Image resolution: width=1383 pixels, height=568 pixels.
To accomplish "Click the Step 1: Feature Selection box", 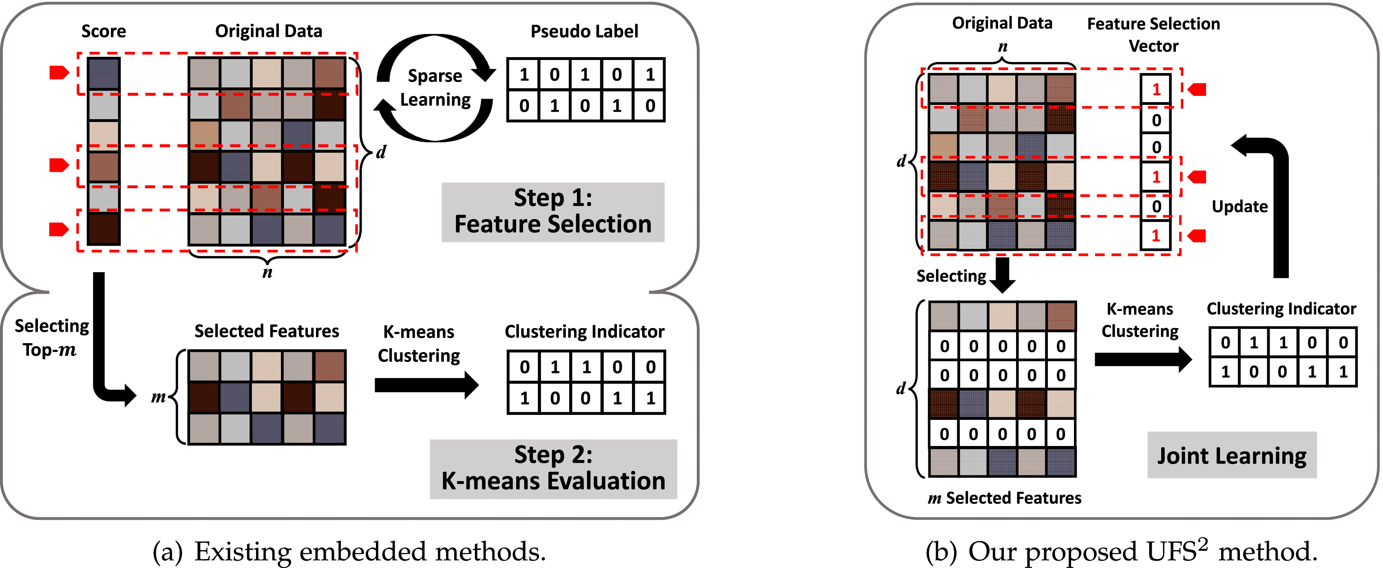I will tap(552, 212).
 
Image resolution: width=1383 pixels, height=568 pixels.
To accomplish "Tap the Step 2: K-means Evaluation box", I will tap(553, 468).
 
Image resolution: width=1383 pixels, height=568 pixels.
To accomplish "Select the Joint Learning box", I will tap(1232, 455).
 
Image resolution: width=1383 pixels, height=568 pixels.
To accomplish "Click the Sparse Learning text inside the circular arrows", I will tap(435, 88).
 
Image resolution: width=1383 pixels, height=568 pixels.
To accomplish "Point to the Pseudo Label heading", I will tap(584, 31).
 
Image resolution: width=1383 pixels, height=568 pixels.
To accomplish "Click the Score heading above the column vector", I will tap(104, 31).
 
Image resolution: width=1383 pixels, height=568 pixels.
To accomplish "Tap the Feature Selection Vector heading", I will tap(1153, 34).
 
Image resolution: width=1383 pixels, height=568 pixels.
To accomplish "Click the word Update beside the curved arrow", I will tap(1239, 206).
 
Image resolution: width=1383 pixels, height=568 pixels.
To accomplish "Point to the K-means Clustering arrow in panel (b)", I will tap(1142, 359).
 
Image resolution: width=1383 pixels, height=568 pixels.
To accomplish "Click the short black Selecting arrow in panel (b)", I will tap(1002, 274).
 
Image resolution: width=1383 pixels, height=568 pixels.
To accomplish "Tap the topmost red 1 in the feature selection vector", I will tap(1156, 89).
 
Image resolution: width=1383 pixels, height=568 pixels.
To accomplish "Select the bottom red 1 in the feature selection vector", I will tap(1156, 235).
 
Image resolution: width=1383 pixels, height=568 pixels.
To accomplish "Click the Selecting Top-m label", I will tap(51, 337).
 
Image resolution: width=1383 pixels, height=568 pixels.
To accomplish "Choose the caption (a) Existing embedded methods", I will tap(349, 551).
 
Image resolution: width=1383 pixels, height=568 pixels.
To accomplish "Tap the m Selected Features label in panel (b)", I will tap(1004, 498).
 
